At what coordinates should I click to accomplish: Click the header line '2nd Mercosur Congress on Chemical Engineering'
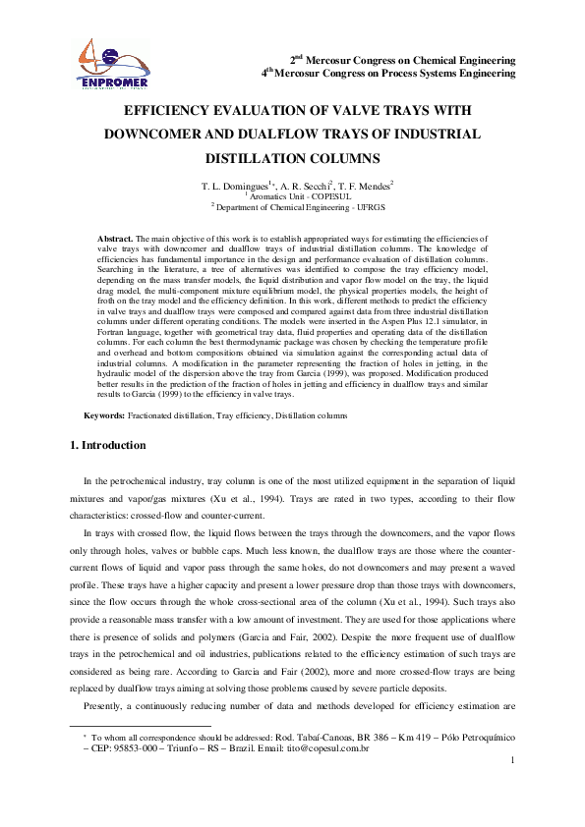403,60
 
